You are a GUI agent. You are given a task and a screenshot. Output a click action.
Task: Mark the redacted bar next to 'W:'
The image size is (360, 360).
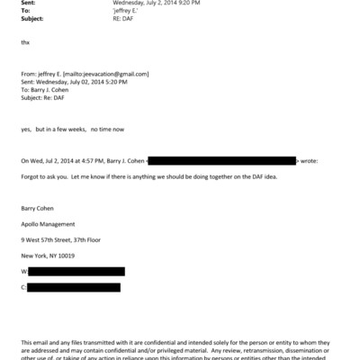point(76,271)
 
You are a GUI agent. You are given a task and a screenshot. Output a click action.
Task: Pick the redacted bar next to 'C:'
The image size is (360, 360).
point(74,287)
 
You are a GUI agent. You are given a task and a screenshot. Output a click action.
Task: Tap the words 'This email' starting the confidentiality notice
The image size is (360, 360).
point(34,342)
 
